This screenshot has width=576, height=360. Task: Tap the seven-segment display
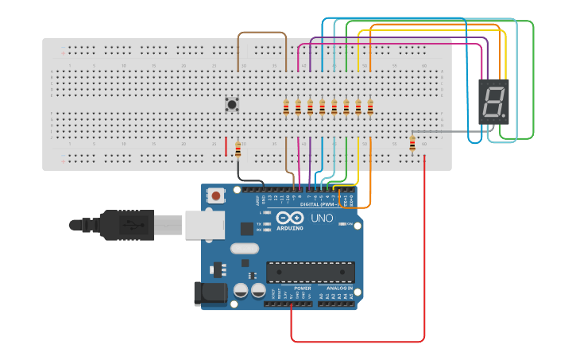coord(493,102)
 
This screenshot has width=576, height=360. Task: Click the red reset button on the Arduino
coord(215,195)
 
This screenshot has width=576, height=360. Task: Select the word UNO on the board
coord(322,218)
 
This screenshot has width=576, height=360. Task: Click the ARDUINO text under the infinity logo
coord(290,228)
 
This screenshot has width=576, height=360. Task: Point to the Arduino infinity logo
coord(290,218)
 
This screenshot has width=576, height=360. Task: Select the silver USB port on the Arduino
coord(204,225)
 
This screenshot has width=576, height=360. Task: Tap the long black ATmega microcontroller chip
coord(311,273)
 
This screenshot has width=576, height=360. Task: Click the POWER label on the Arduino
coord(302,288)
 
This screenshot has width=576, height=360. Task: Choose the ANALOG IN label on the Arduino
coord(338,288)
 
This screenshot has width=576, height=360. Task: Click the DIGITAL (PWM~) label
coord(316,204)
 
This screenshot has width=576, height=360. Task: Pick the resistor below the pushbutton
coord(238,149)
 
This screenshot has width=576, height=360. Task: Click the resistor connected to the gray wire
coord(412,143)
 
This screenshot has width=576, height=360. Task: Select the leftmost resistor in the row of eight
coord(286,107)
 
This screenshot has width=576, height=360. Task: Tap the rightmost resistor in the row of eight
coord(369,107)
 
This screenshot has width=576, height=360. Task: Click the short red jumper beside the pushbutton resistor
coord(226,147)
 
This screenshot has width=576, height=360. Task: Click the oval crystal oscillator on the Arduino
coord(245,248)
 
